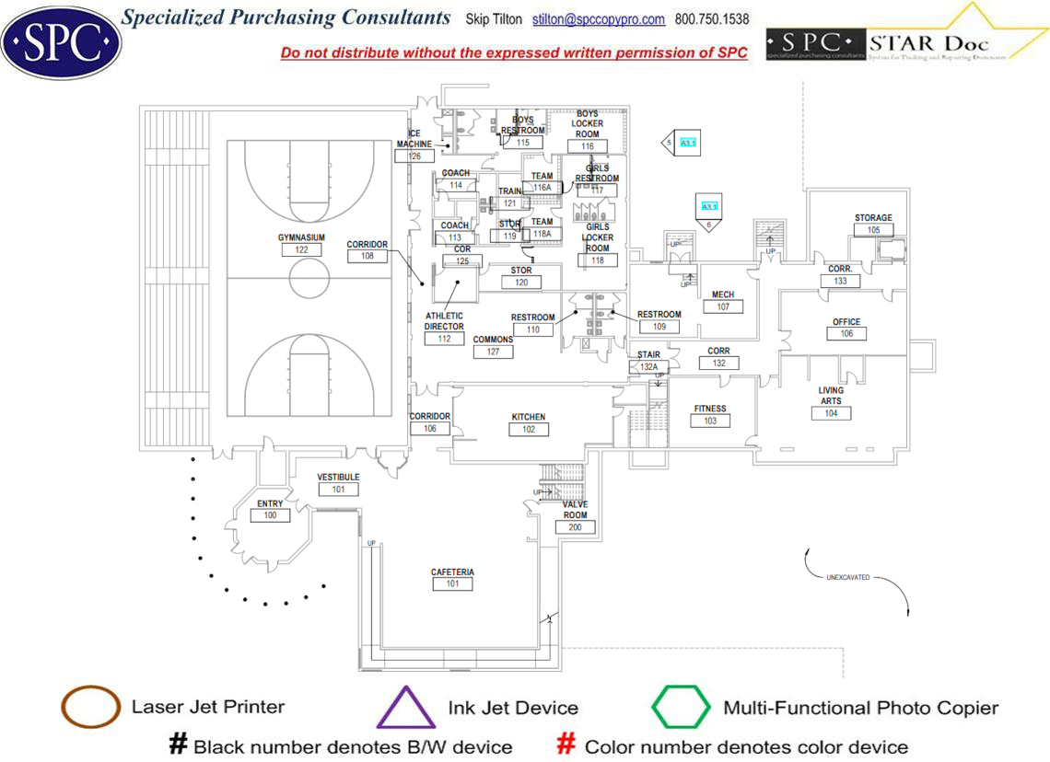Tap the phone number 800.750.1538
coord(712,19)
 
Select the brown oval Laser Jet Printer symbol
coord(90,707)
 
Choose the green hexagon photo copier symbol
coord(681,707)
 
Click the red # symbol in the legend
coord(566,745)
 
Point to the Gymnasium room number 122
coord(301,250)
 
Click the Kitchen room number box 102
coord(529,430)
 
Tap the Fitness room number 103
coord(710,421)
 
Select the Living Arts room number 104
coord(831,414)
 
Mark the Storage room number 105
coord(873,230)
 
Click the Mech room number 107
coord(723,307)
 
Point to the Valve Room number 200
coord(575,527)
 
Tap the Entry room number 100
coord(270,515)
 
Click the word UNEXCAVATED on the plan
coord(847,578)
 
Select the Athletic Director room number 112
coord(444,339)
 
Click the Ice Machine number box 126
coord(414,156)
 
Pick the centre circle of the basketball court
coord(309,276)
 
